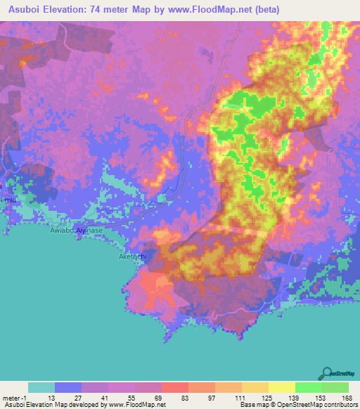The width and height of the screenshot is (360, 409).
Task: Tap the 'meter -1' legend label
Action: pyautogui.click(x=15, y=397)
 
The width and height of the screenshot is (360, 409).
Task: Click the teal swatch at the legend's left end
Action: pyautogui.click(x=41, y=387)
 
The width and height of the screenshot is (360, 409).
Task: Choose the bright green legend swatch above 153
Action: pyautogui.click(x=308, y=387)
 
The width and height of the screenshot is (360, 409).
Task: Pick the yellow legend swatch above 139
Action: pyautogui.click(x=281, y=387)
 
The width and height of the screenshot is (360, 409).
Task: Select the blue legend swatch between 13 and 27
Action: pyautogui.click(x=67, y=387)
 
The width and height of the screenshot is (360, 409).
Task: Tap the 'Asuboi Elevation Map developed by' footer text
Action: pyautogui.click(x=49, y=405)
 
